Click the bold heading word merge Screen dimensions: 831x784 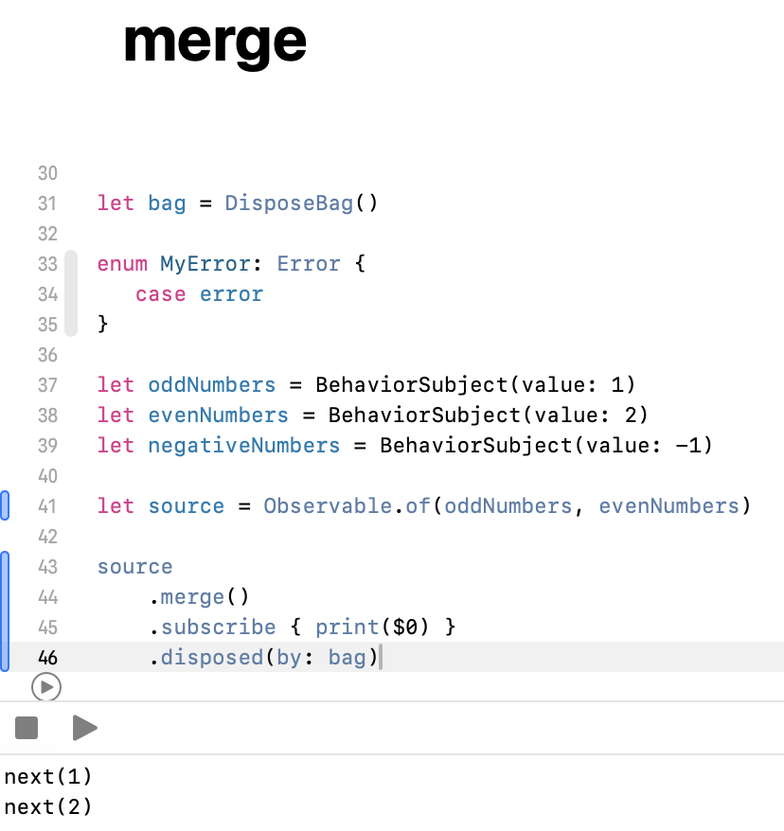[215, 43]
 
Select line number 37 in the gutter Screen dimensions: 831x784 [47, 385]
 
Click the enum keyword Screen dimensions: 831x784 [122, 264]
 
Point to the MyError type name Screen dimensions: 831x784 [199, 264]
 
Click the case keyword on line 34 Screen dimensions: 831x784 [160, 294]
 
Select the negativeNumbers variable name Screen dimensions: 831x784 [243, 446]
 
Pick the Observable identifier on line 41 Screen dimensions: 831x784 [327, 506]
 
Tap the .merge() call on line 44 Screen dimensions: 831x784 [199, 597]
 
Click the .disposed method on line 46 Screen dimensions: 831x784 [211, 657]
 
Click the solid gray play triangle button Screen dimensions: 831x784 [84, 728]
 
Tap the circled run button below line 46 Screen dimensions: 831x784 [45, 686]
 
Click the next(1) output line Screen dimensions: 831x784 [48, 778]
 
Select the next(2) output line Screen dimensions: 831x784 [48, 807]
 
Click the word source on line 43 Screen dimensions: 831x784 [134, 567]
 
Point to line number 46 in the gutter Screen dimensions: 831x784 [47, 657]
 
